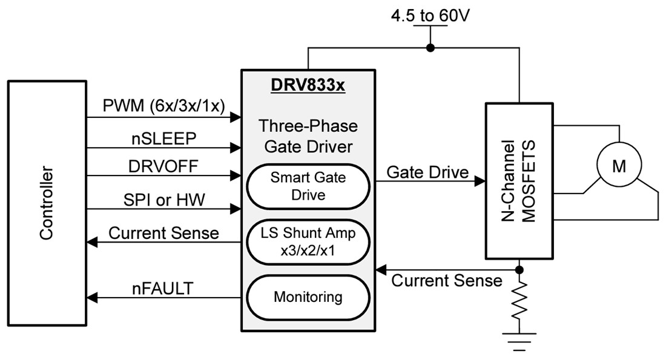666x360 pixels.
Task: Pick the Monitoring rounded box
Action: click(x=308, y=297)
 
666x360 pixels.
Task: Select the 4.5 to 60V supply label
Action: click(x=430, y=15)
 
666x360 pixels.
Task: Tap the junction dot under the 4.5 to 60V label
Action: click(x=430, y=48)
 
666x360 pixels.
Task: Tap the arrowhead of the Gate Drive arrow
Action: click(x=480, y=181)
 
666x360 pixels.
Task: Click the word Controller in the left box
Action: click(x=47, y=203)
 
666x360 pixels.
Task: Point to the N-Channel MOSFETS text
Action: click(x=519, y=182)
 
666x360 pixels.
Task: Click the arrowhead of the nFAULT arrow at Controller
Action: click(x=92, y=297)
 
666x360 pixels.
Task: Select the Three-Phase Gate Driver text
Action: click(x=308, y=136)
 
